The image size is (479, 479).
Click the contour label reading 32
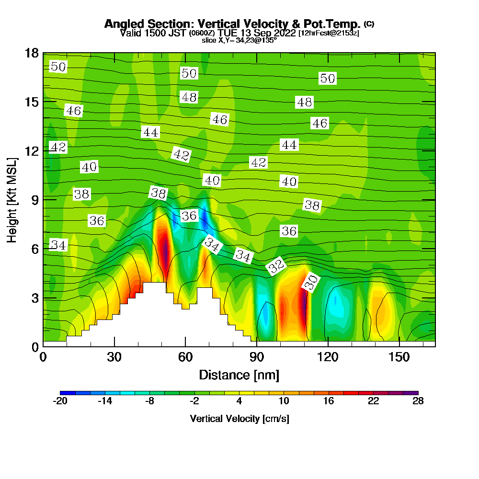[276, 266]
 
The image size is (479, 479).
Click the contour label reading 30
[311, 284]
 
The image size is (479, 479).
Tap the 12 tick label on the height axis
[32, 150]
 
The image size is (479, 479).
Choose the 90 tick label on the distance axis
[257, 357]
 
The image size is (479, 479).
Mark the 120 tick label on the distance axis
[328, 357]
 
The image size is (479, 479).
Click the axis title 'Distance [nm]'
[239, 374]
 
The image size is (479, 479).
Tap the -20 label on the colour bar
[60, 401]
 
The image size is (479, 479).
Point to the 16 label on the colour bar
[328, 401]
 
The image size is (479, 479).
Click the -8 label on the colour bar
[150, 401]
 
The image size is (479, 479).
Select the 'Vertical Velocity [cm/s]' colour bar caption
[239, 419]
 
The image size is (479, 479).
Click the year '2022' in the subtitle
[285, 33]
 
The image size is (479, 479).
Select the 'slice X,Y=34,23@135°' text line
[239, 41]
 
